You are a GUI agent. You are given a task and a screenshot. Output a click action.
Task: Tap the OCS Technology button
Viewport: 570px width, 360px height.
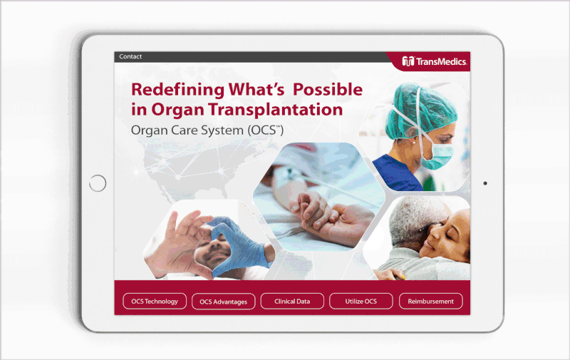[x=155, y=301]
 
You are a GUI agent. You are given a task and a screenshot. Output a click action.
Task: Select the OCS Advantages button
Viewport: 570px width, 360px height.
[x=223, y=302]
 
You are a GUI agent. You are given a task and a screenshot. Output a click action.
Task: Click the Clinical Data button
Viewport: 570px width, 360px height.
[x=292, y=301]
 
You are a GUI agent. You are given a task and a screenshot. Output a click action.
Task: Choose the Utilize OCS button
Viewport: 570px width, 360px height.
[x=361, y=301]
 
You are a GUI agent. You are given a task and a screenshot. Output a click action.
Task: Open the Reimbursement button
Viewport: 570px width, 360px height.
[x=431, y=301]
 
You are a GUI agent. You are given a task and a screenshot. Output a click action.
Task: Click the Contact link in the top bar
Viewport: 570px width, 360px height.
[x=130, y=56]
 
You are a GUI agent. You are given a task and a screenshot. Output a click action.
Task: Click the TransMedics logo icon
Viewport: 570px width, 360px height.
[x=408, y=61]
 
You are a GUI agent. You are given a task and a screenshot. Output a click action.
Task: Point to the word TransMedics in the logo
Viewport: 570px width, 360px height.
[x=441, y=62]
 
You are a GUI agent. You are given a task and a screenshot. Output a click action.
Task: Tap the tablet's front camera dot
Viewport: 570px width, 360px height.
[x=485, y=183]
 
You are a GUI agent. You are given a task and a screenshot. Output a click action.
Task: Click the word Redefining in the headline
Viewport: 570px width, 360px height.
[x=177, y=90]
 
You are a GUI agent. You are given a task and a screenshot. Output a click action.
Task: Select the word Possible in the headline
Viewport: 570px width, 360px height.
[x=328, y=89]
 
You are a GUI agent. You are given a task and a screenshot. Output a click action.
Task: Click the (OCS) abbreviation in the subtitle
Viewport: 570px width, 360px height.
[x=266, y=130]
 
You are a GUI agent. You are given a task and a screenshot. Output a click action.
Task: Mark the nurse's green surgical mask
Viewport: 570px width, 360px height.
[x=437, y=156]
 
